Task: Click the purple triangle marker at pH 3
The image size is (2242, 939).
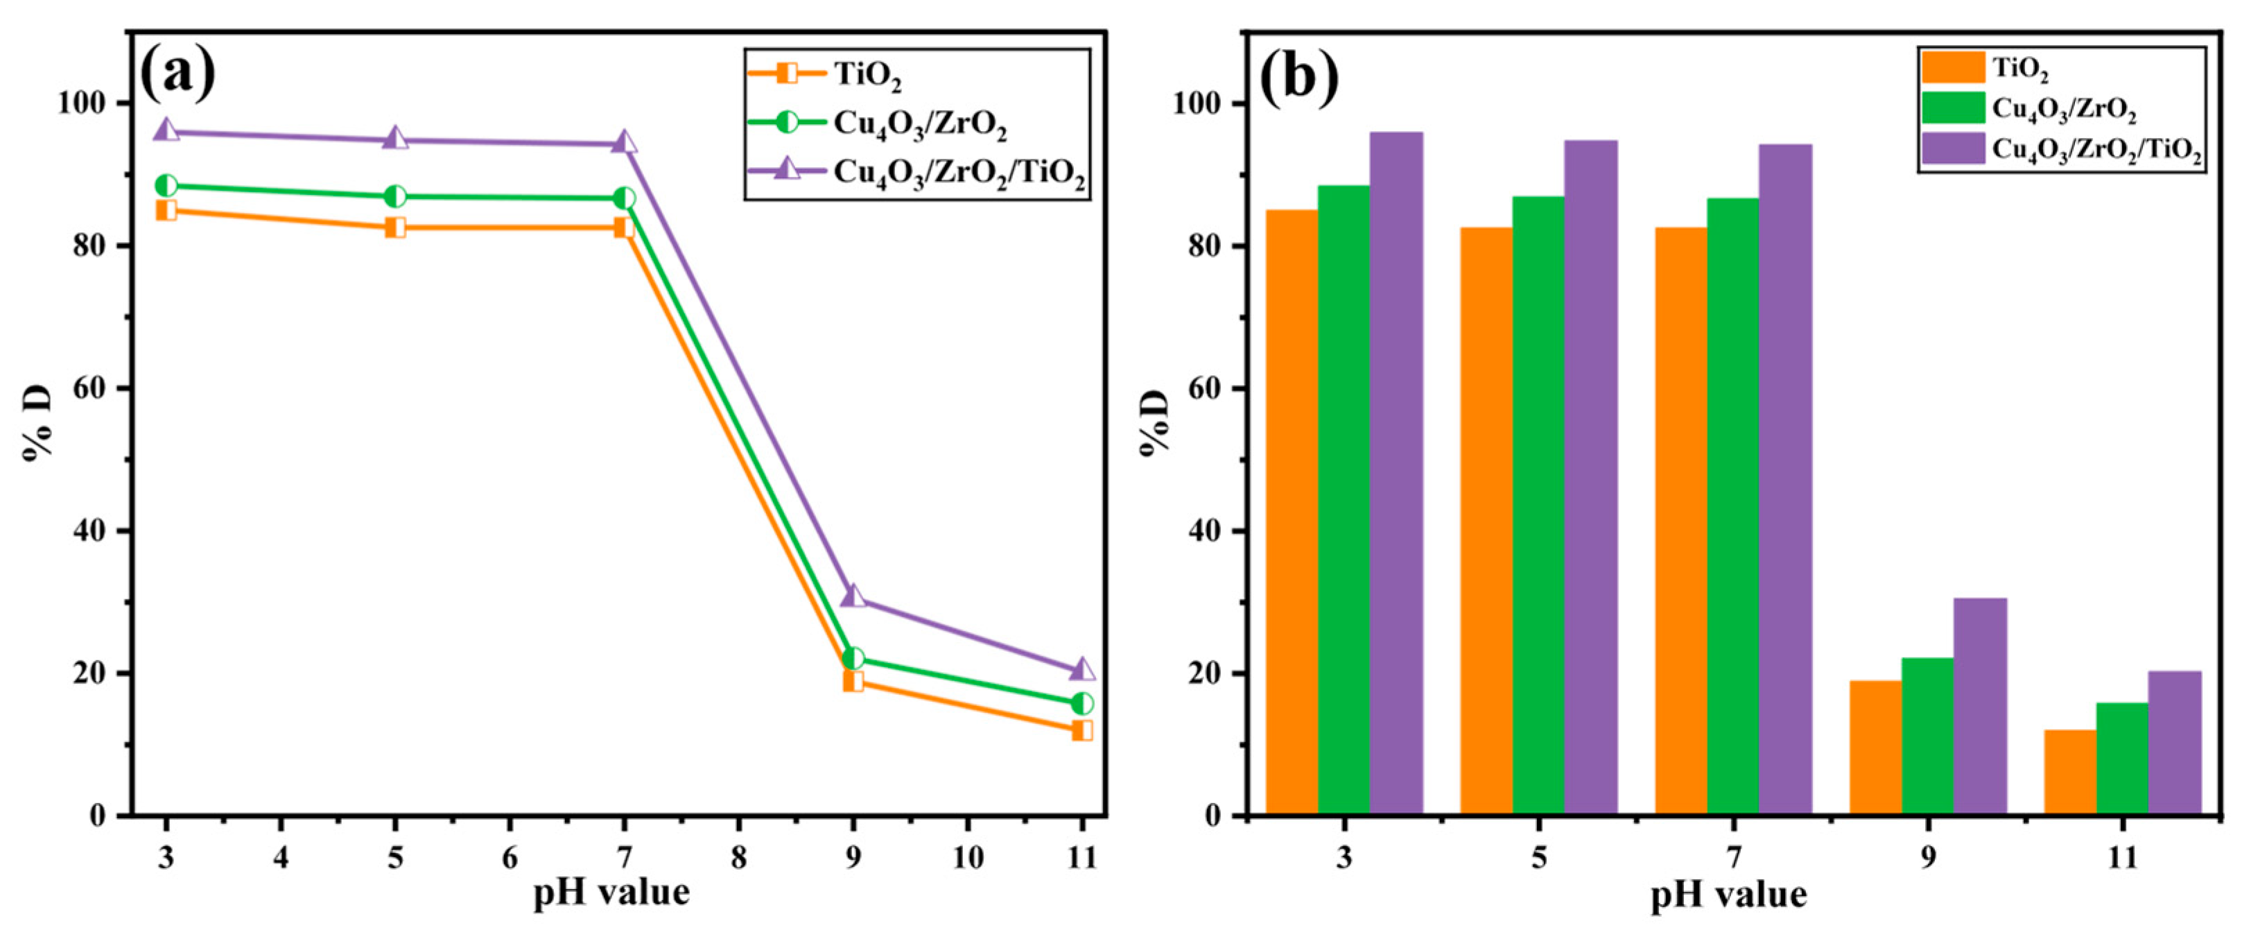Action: pyautogui.click(x=166, y=131)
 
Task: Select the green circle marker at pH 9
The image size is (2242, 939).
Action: pyautogui.click(x=853, y=658)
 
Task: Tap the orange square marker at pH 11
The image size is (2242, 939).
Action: pyautogui.click(x=1082, y=730)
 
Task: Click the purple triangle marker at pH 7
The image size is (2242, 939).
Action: pyautogui.click(x=624, y=143)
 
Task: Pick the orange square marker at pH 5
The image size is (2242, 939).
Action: pyautogui.click(x=395, y=228)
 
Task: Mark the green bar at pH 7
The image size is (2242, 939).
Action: pyautogui.click(x=1733, y=506)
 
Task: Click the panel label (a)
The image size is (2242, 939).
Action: pyautogui.click(x=177, y=74)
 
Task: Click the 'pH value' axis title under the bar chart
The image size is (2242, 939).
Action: pyautogui.click(x=1728, y=895)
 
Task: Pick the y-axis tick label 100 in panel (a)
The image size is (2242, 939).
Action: pyautogui.click(x=81, y=103)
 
